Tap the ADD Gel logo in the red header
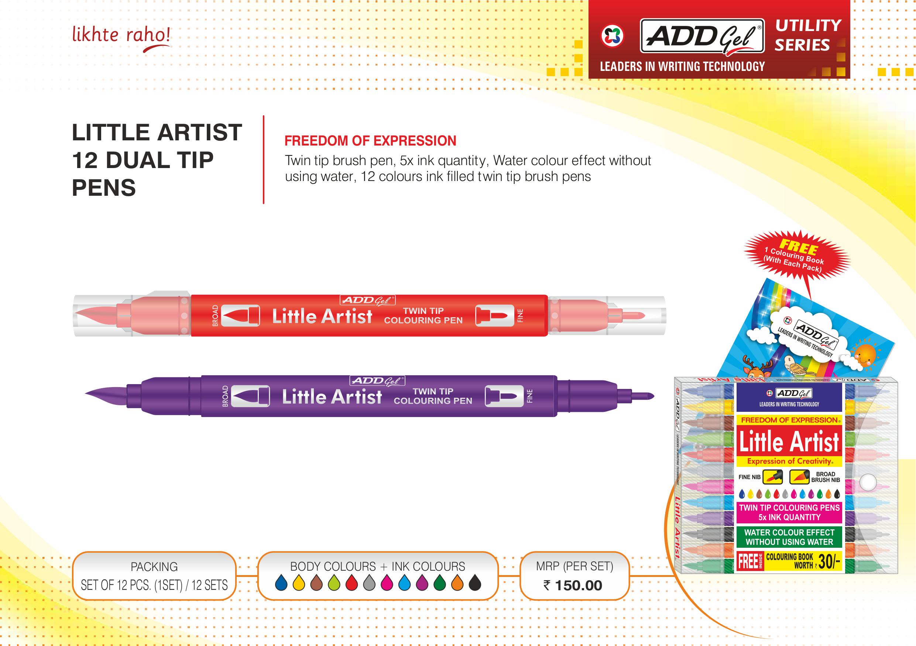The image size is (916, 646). [x=702, y=35]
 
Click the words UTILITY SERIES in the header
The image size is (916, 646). [x=808, y=35]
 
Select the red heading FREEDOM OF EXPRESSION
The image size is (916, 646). [x=370, y=141]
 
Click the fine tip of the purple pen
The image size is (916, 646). [x=643, y=396]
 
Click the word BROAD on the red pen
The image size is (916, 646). [x=216, y=316]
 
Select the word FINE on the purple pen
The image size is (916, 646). [x=529, y=396]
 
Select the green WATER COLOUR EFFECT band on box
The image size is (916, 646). [x=789, y=537]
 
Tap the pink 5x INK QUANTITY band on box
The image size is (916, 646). [x=789, y=512]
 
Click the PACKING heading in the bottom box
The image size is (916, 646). [x=154, y=567]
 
